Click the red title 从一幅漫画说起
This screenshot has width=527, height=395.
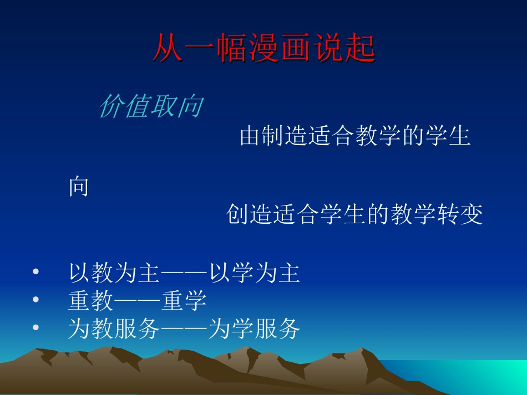pyautogui.click(x=264, y=49)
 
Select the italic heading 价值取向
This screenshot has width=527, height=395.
pyautogui.click(x=150, y=107)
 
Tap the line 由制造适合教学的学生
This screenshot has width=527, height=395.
pyautogui.click(x=355, y=136)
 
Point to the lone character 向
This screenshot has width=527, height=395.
pyautogui.click(x=79, y=187)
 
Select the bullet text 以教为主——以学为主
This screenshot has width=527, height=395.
pyautogui.click(x=184, y=274)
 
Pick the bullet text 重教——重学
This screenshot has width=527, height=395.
pyautogui.click(x=137, y=301)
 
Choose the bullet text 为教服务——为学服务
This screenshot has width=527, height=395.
pyautogui.click(x=184, y=329)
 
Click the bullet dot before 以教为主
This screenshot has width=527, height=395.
pyautogui.click(x=36, y=273)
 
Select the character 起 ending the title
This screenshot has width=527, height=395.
pyautogui.click(x=361, y=49)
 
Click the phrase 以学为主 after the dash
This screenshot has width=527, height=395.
pyautogui.click(x=255, y=274)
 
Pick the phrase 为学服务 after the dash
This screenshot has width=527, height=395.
pyautogui.click(x=255, y=329)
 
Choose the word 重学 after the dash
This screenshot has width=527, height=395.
pyautogui.click(x=184, y=301)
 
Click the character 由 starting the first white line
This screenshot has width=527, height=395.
pyautogui.click(x=251, y=136)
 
